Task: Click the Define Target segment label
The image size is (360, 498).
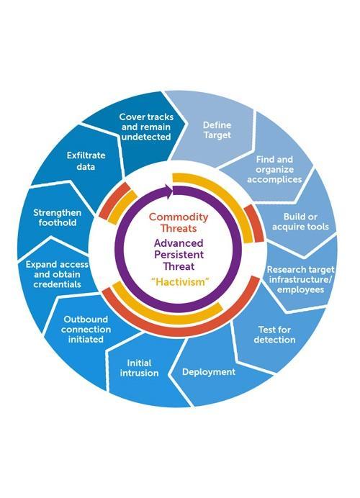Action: pyautogui.click(x=217, y=130)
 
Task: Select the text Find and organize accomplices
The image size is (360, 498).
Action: pyautogui.click(x=274, y=169)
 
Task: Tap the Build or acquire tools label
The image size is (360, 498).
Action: pyautogui.click(x=300, y=222)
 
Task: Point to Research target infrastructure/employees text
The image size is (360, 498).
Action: pyautogui.click(x=300, y=279)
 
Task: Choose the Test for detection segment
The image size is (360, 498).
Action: pyautogui.click(x=274, y=335)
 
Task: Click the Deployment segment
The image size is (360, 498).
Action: pyautogui.click(x=209, y=372)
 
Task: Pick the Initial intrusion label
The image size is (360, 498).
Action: pyautogui.click(x=139, y=368)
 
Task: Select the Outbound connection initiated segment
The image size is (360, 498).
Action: pyautogui.click(x=86, y=329)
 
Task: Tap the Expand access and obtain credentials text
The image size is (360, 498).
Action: pyautogui.click(x=57, y=274)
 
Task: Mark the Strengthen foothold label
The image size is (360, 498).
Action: pyautogui.click(x=57, y=217)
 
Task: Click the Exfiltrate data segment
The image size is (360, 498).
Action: pyautogui.click(x=86, y=160)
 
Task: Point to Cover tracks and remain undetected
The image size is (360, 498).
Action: pyautogui.click(x=146, y=127)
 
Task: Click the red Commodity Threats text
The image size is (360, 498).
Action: pyautogui.click(x=179, y=222)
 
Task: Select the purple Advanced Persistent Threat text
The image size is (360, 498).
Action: pyautogui.click(x=179, y=255)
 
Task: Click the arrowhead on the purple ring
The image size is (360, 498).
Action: pyautogui.click(x=168, y=191)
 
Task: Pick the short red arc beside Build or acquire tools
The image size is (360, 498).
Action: pyautogui.click(x=255, y=222)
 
